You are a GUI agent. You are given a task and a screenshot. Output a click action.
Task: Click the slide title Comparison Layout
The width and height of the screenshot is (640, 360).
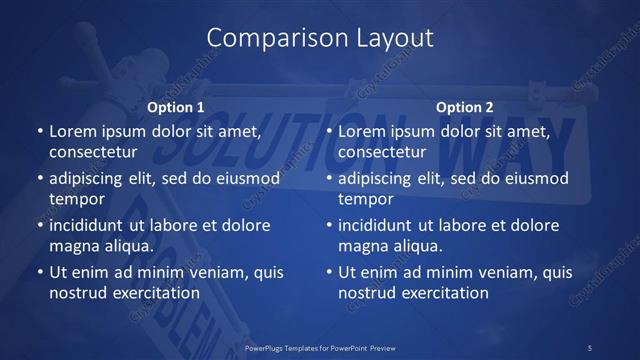coord(320,38)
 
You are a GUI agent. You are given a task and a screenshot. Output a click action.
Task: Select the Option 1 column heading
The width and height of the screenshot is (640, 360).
coord(176,107)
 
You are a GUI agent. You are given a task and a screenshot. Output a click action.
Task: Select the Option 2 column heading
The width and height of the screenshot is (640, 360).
coord(465,107)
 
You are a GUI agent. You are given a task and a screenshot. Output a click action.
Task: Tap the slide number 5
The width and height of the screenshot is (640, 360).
coord(590,347)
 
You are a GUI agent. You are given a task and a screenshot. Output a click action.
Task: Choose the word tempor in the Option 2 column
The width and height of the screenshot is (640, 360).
coord(361,199)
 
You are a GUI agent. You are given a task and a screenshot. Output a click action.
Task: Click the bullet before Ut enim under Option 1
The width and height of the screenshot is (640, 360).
coord(39,272)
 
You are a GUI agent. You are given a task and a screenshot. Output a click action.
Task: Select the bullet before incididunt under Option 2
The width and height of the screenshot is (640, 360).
coord(328,226)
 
